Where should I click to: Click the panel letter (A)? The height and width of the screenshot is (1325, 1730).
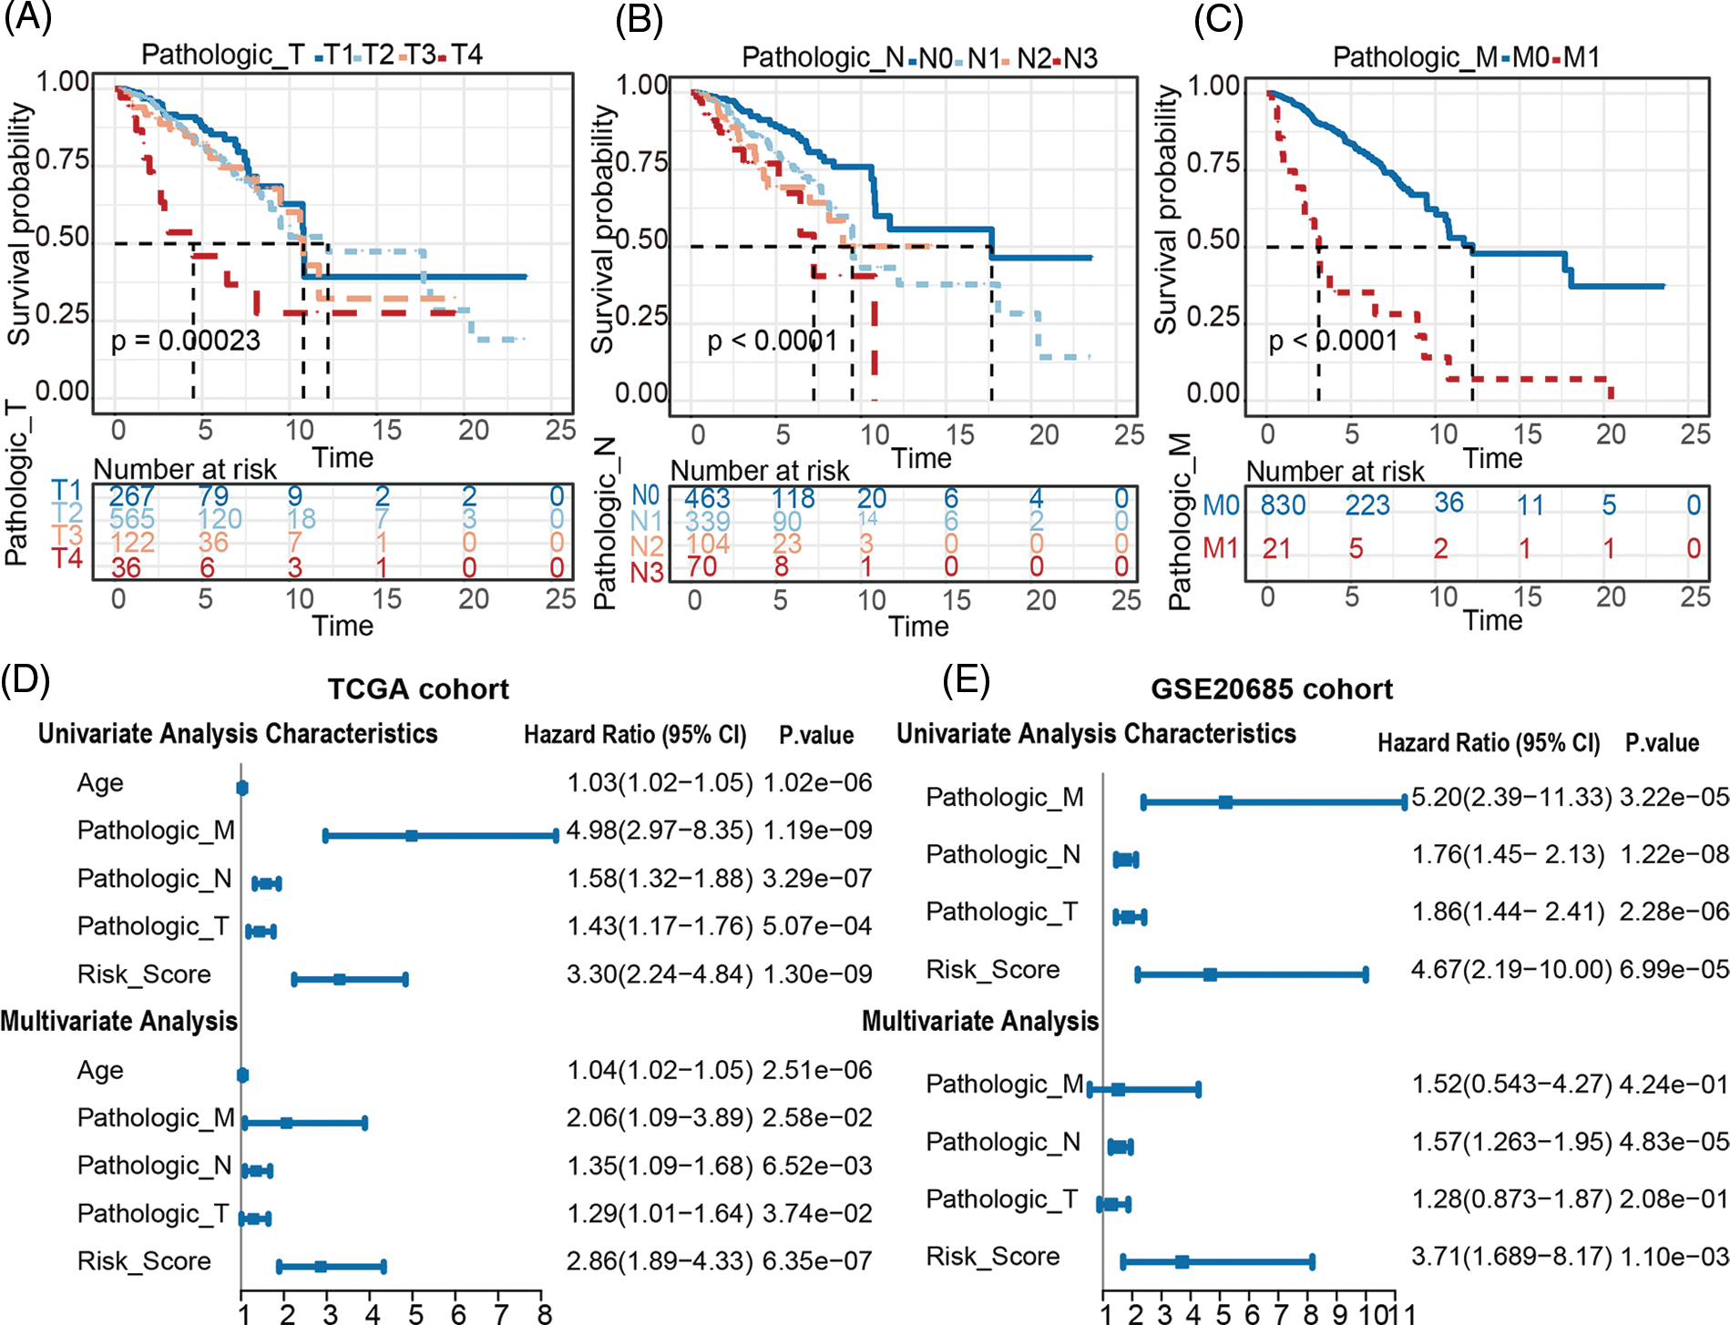coord(27,18)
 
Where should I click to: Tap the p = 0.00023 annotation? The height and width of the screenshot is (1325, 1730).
coord(185,341)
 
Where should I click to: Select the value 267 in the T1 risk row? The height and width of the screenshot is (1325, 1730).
coord(131,496)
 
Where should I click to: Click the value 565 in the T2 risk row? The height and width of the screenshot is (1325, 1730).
coord(131,519)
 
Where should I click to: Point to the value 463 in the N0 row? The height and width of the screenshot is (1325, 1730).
coord(707,498)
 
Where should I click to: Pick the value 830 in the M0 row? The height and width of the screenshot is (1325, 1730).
coord(1283,505)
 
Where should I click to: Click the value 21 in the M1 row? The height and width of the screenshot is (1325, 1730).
coord(1275,548)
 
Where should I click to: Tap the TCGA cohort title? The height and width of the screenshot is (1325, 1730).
coord(418,689)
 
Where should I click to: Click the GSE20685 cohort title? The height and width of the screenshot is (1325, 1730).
coord(1271,689)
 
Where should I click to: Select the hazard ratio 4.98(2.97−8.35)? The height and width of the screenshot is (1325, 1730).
coord(660,831)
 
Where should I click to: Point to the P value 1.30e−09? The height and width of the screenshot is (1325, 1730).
coord(817,974)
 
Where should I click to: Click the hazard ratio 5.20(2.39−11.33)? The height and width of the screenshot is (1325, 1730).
coord(1511,798)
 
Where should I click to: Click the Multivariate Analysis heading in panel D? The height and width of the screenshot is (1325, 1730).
coord(119,1022)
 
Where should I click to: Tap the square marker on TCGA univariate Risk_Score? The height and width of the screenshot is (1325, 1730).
coord(339,980)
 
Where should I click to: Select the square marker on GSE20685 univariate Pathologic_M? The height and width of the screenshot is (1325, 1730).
coord(1225,802)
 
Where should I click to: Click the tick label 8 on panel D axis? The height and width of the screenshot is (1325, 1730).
coord(544,1313)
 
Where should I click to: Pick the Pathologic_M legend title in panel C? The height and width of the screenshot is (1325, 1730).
coord(1414,57)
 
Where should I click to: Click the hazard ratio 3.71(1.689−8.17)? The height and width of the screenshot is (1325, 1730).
coord(1511,1257)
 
